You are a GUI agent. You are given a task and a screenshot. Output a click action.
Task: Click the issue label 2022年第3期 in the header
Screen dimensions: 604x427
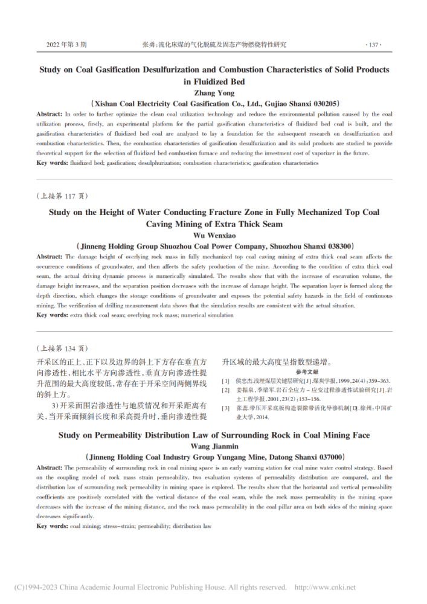(x=66, y=45)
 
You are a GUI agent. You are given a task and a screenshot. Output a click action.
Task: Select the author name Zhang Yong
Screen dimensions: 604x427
(x=214, y=92)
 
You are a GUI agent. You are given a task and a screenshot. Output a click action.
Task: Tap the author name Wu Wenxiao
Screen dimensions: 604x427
(x=214, y=235)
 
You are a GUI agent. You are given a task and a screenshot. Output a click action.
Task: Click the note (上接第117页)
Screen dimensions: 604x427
(x=62, y=196)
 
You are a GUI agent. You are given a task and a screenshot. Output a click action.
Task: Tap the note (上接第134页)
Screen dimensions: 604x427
(x=62, y=348)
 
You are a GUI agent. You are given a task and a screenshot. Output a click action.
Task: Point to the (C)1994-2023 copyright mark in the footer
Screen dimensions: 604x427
(x=37, y=587)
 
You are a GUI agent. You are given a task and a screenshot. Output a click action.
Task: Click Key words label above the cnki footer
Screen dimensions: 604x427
(x=51, y=526)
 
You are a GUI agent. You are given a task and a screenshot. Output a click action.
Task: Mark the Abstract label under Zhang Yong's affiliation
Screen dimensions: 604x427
(x=50, y=114)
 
